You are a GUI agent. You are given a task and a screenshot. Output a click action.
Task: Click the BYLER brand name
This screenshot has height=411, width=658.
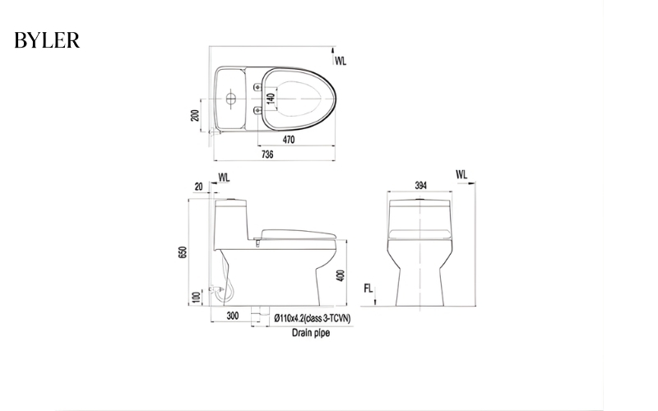click(47, 40)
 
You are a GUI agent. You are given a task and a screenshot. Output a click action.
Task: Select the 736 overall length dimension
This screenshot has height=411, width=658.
click(267, 154)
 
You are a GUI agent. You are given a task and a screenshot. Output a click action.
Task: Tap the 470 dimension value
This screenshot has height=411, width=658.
click(289, 141)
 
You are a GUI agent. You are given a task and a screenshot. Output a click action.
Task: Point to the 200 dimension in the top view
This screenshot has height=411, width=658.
click(195, 114)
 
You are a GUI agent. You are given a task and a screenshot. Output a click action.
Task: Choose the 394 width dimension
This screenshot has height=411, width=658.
click(420, 186)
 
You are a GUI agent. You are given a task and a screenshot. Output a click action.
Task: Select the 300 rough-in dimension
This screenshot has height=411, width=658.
click(233, 316)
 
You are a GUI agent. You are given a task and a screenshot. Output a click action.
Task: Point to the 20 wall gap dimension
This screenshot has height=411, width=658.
click(199, 187)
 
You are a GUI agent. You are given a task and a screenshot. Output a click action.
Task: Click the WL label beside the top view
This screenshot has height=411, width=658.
click(341, 60)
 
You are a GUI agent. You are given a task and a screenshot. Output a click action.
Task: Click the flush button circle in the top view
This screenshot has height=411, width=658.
click(231, 100)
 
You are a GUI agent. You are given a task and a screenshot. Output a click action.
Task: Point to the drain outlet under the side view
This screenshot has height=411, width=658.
click(261, 315)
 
